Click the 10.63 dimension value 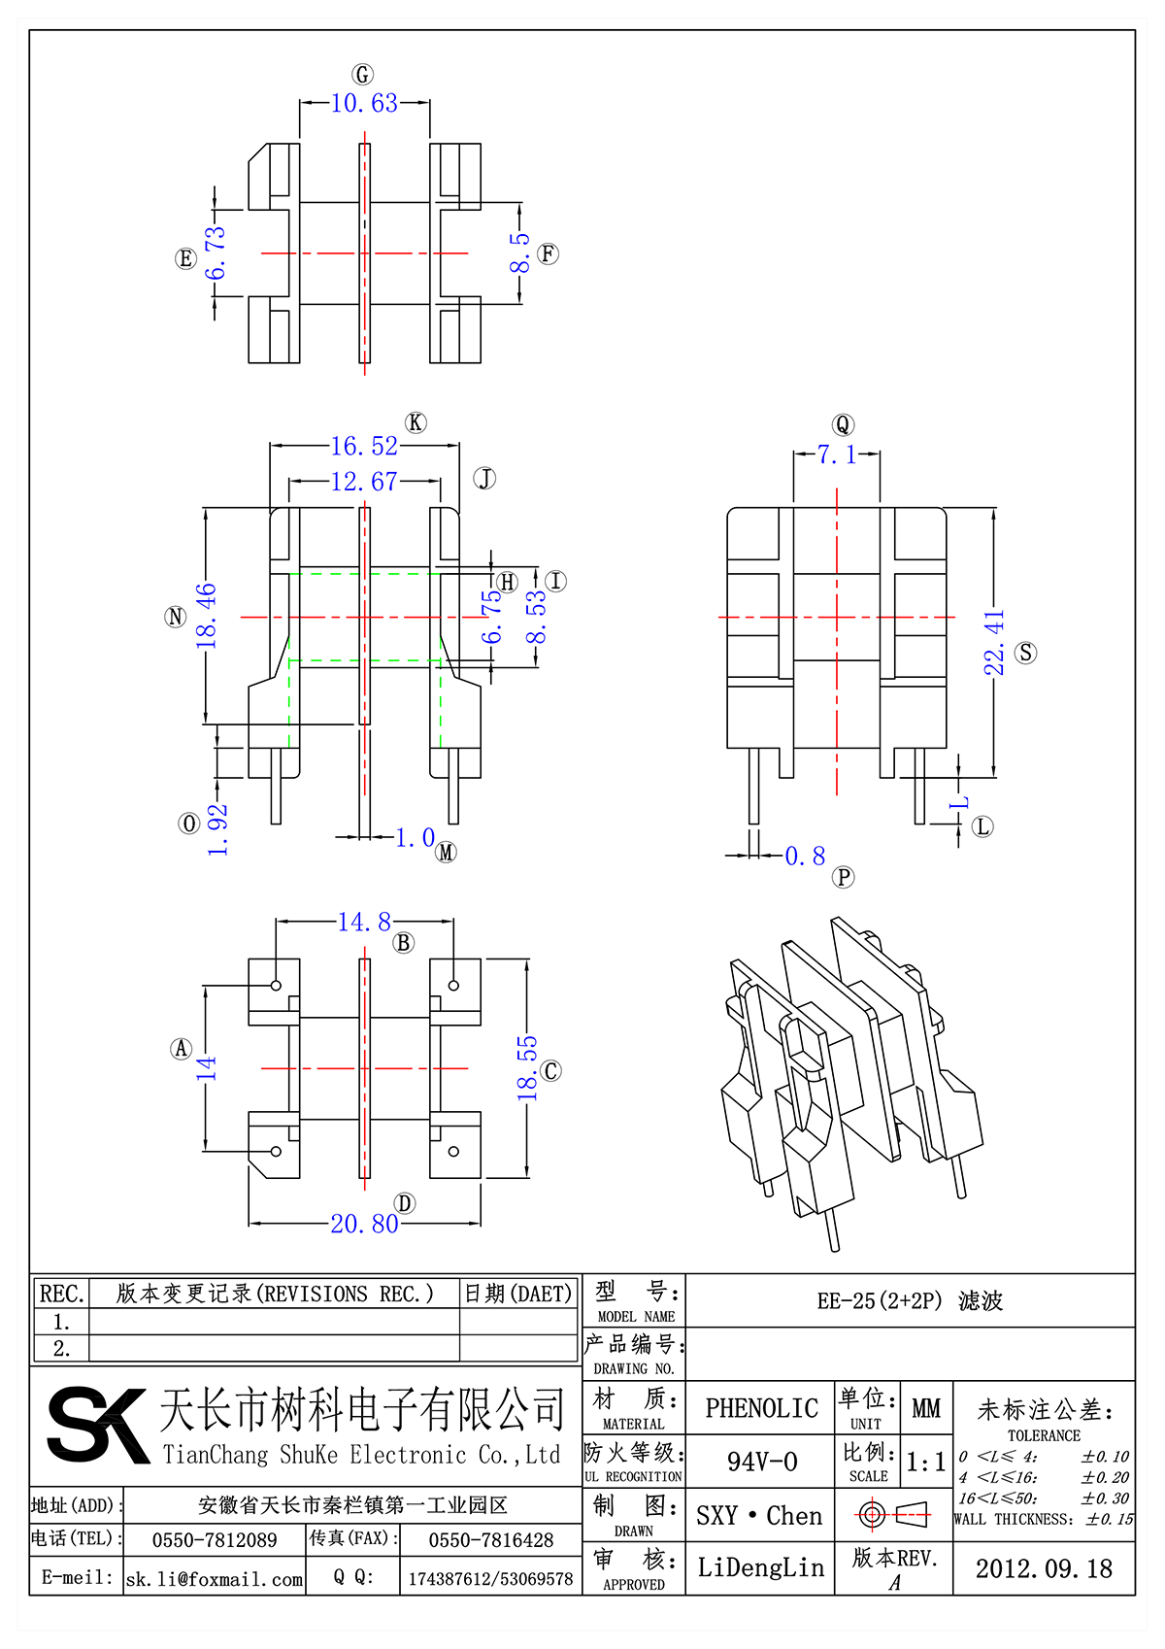click(364, 104)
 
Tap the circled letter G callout click(362, 75)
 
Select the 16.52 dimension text click(364, 447)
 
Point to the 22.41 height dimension click(994, 643)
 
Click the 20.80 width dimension click(364, 1225)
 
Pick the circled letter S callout click(1026, 653)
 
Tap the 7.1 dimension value click(836, 454)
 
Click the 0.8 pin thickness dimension click(805, 857)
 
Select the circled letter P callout click(844, 878)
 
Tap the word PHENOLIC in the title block click(761, 1408)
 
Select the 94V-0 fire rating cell click(761, 1462)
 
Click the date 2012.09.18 click(1044, 1569)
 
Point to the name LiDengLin click(760, 1567)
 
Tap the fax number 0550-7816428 click(490, 1540)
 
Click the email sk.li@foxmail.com click(215, 1579)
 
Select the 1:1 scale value click(925, 1463)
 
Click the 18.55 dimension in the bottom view click(526, 1068)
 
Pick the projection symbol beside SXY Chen click(893, 1514)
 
